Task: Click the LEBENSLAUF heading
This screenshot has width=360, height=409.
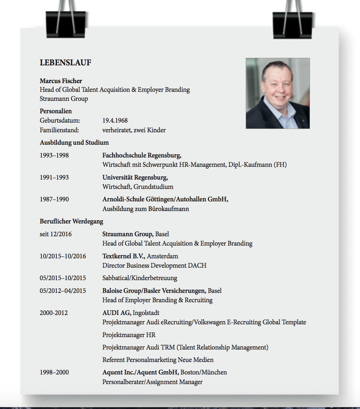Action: [x=65, y=63]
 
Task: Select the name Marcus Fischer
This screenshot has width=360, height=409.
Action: [x=61, y=81]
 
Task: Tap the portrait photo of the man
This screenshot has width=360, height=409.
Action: [x=277, y=93]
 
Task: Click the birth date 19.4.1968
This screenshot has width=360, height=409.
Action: [x=115, y=120]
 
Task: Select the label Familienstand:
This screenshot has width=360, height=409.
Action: [x=59, y=130]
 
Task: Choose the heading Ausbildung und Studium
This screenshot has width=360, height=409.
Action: [x=74, y=142]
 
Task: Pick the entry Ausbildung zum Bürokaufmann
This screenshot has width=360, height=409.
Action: [x=145, y=209]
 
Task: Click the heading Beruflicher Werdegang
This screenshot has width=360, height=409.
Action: [x=72, y=222]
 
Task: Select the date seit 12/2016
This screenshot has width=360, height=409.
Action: [x=56, y=234]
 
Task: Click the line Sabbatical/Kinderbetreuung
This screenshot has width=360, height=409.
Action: [x=140, y=278]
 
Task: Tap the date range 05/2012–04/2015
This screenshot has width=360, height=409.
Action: [x=63, y=291]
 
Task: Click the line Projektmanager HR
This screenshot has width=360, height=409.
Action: [x=129, y=335]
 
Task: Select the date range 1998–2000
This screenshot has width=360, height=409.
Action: [x=54, y=372]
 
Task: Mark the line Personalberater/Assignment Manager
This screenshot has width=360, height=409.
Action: [x=152, y=382]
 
